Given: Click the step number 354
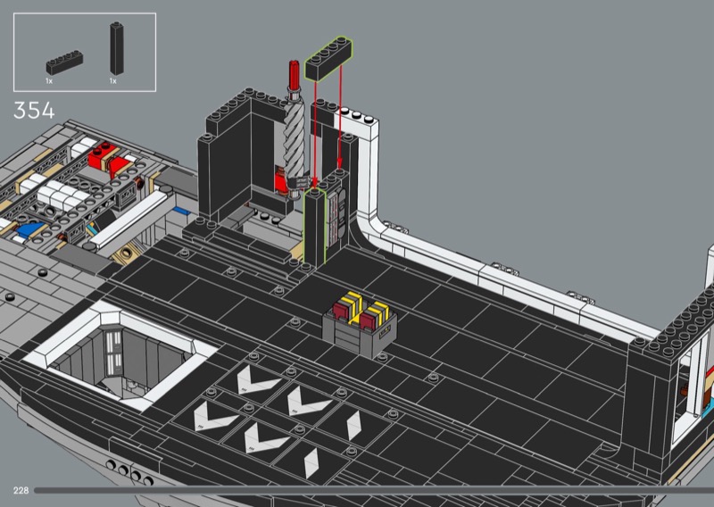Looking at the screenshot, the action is coord(34,111).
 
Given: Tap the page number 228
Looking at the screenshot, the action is coord(21,490).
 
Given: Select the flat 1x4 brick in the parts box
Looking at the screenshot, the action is coord(64,62).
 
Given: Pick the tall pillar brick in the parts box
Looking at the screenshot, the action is coord(117,49).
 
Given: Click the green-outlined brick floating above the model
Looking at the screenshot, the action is coord(328,60).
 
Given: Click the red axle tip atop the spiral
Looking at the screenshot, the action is coord(294,74).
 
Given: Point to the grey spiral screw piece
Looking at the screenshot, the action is coord(294,137).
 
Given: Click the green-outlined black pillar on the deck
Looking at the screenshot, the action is coord(315,227).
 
